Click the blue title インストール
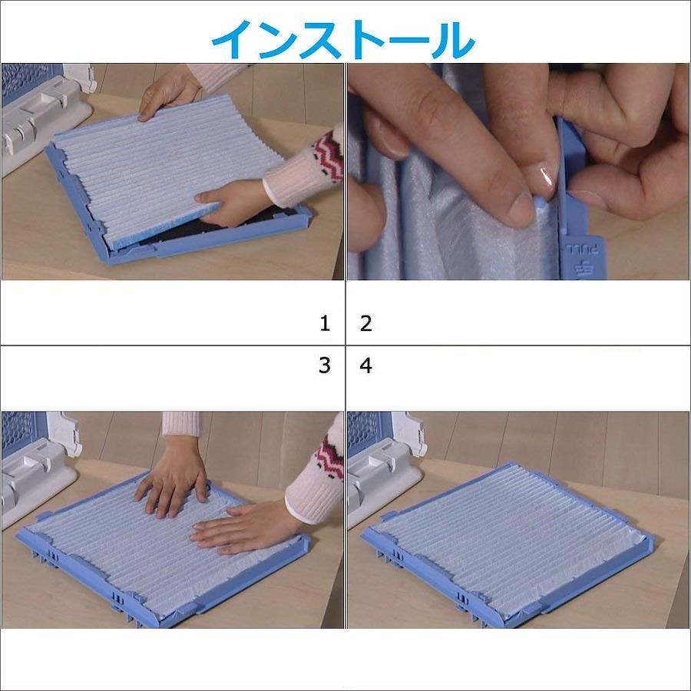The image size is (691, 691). (x=343, y=40)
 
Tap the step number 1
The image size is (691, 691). (x=325, y=323)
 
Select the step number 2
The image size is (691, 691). (x=365, y=323)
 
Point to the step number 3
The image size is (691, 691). (x=325, y=365)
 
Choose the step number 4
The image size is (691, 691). (x=365, y=365)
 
